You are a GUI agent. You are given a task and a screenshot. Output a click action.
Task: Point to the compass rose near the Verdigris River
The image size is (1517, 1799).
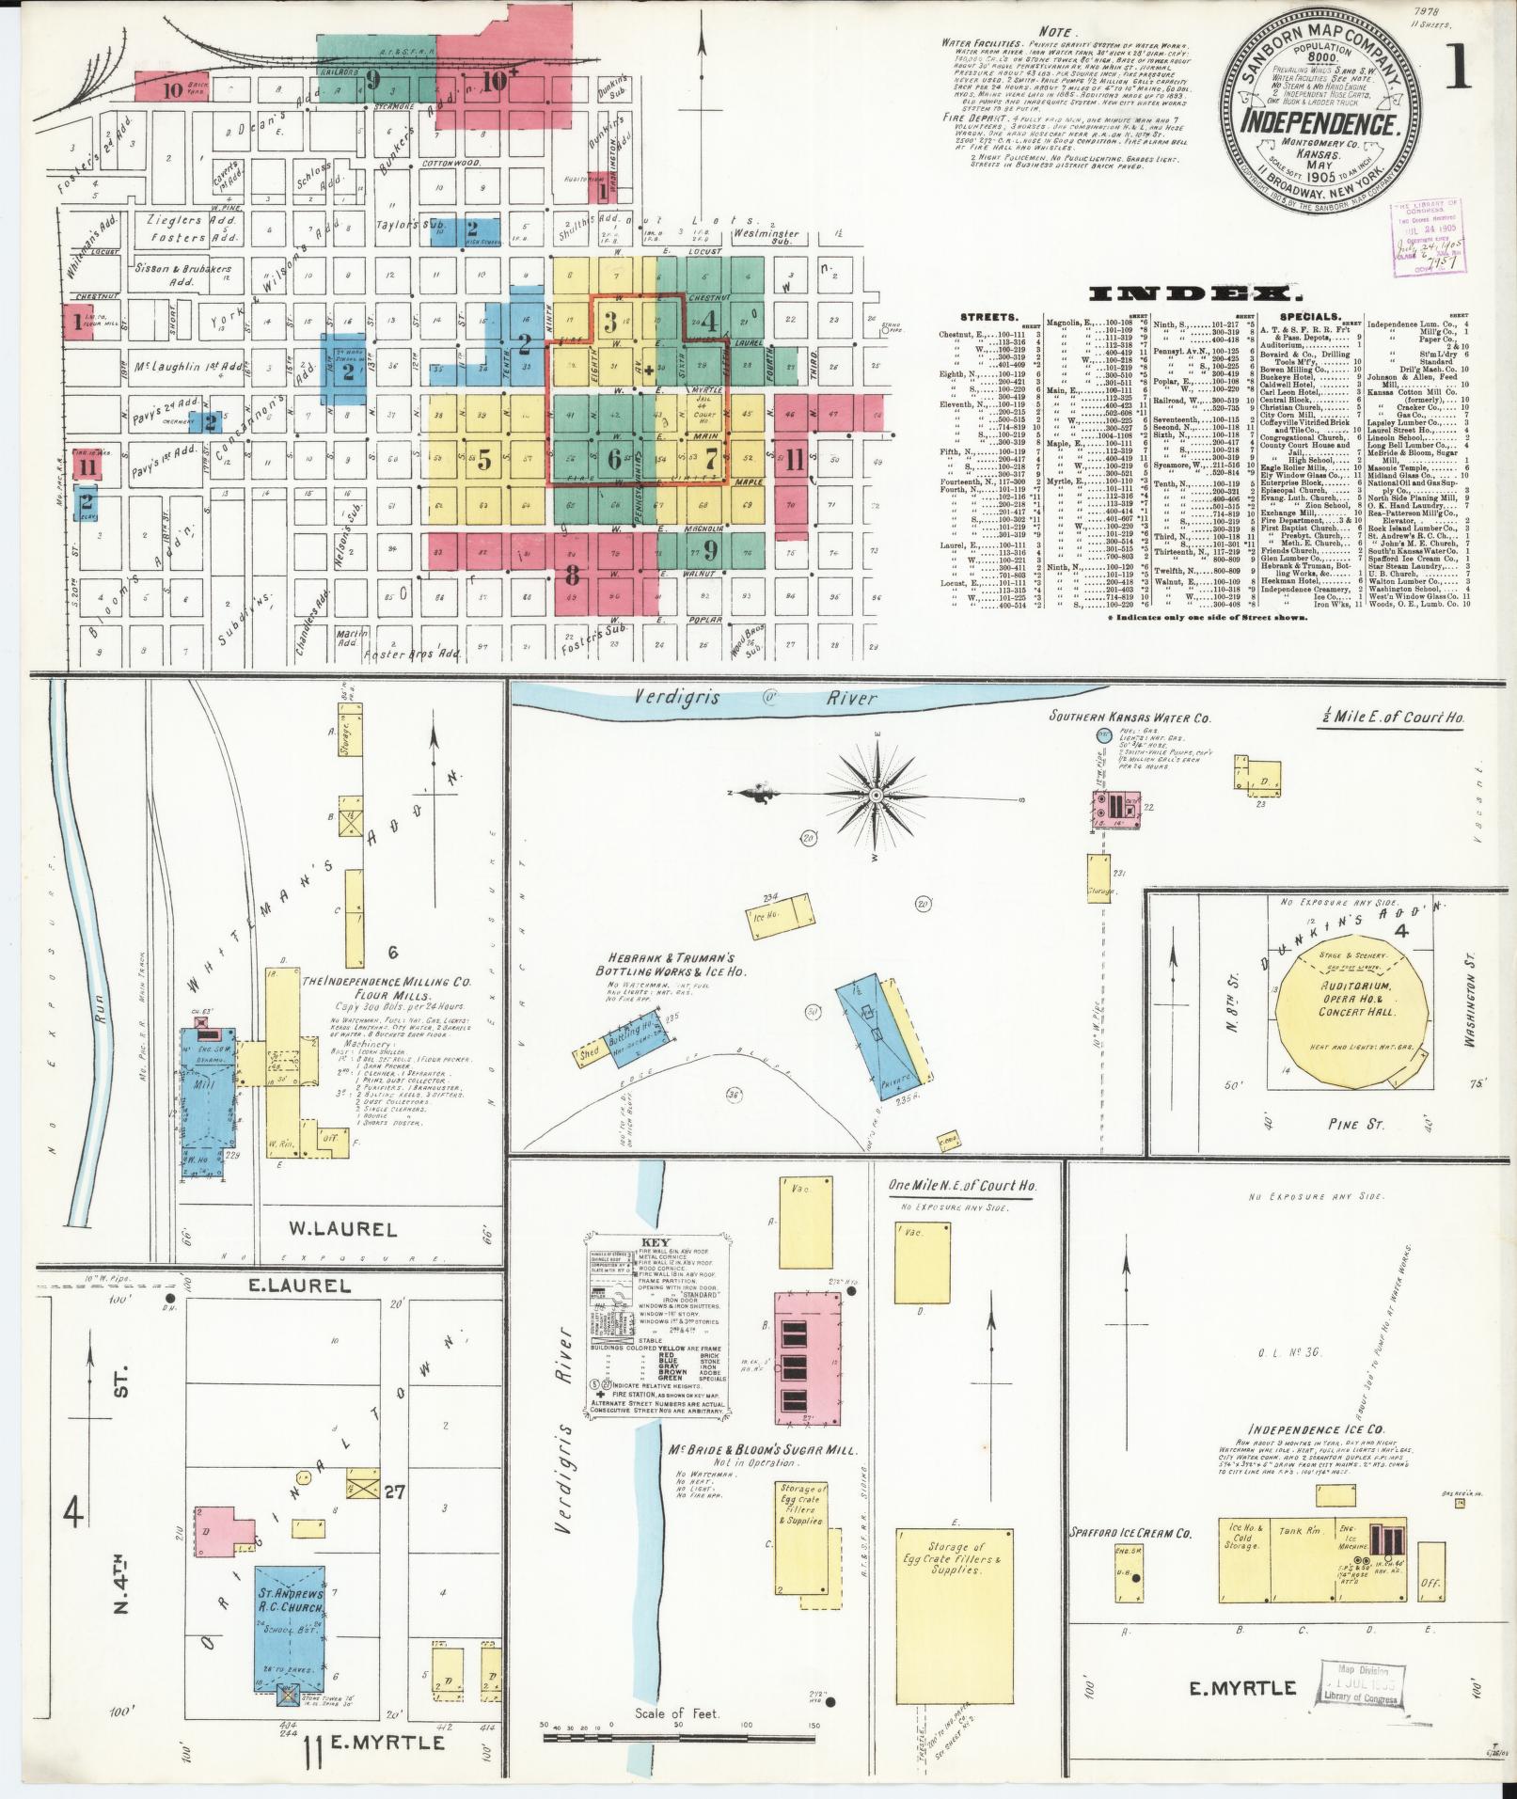click(876, 795)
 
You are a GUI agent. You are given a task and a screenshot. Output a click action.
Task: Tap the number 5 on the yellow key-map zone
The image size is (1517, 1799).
click(483, 460)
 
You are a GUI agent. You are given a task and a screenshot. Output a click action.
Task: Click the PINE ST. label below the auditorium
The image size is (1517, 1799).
click(1352, 1124)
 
